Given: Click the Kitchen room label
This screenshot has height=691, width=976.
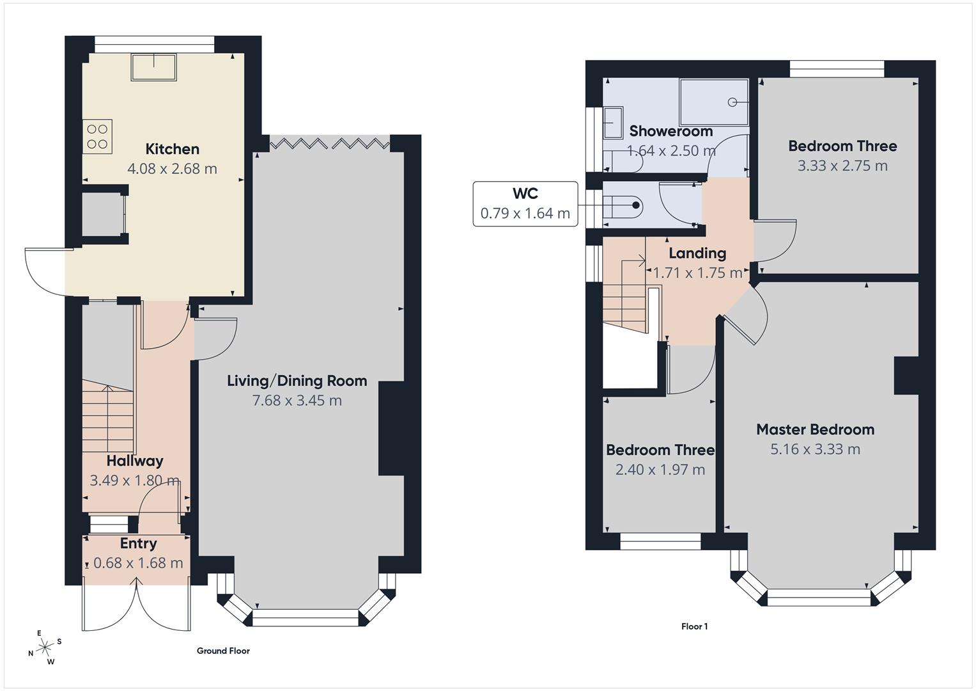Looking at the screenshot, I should [x=172, y=149].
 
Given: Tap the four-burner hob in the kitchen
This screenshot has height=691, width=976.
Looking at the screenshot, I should [x=97, y=136].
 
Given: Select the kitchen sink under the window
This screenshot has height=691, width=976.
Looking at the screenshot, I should [x=153, y=67].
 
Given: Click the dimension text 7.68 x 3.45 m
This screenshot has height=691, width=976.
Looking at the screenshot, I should [x=297, y=401].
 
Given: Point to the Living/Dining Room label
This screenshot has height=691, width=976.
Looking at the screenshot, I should [x=297, y=381].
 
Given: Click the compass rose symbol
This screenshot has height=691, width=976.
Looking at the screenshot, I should [x=45, y=647].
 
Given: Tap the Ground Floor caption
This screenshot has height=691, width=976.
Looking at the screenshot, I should [x=223, y=651].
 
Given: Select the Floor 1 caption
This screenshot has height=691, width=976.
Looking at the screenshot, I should [x=694, y=626].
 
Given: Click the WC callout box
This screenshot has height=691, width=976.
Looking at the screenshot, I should [x=525, y=203].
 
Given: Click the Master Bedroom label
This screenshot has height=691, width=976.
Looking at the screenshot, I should [x=815, y=429].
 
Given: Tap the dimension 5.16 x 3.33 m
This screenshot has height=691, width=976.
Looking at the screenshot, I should [x=815, y=449].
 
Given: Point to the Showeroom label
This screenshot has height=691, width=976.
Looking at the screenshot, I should [x=670, y=131].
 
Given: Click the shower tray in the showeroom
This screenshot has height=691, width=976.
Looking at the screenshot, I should [x=713, y=102].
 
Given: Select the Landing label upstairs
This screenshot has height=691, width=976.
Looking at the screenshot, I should [x=697, y=253].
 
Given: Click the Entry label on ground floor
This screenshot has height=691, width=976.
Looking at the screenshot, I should [x=138, y=543].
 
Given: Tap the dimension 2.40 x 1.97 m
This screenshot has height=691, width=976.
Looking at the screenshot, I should [x=660, y=470].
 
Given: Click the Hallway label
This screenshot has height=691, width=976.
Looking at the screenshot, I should [x=134, y=461].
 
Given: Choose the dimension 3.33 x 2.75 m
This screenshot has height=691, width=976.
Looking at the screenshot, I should [x=842, y=166].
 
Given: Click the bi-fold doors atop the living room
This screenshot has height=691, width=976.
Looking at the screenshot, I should [x=329, y=143].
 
